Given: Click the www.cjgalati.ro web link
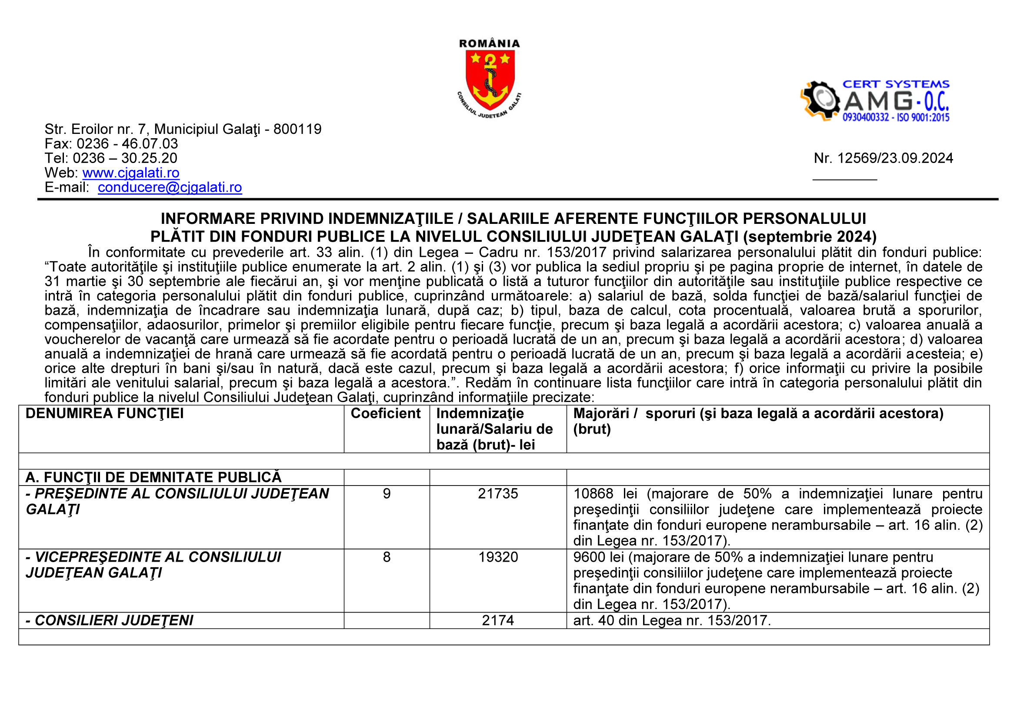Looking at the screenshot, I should (131, 173).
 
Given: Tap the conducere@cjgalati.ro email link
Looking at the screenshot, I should (170, 187).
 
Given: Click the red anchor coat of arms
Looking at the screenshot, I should (490, 80).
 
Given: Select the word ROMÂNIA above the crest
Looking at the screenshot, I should (490, 43).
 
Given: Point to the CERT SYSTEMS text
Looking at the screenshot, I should (896, 84).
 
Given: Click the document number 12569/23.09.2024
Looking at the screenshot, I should (895, 158).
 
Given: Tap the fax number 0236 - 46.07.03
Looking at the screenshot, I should (127, 143).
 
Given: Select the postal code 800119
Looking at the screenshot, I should (297, 129).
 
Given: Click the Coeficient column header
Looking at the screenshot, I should (385, 413).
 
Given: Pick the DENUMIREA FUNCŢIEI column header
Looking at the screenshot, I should (104, 413).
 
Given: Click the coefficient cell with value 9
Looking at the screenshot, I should (387, 494).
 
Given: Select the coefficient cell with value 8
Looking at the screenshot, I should (387, 557).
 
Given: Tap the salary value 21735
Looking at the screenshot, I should (497, 494).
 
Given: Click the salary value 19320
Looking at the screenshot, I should (498, 557).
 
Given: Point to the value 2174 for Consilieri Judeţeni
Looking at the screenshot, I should (498, 620).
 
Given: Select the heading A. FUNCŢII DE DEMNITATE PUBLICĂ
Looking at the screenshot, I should (153, 477).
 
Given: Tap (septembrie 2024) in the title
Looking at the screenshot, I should (810, 236).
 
